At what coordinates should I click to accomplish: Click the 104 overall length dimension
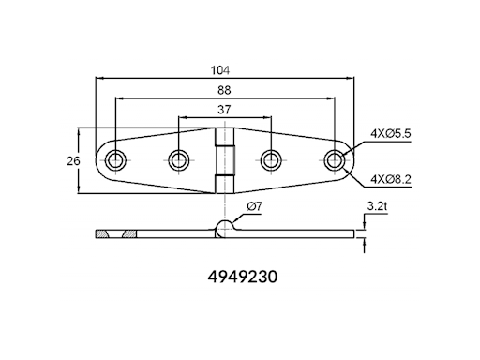click(x=220, y=70)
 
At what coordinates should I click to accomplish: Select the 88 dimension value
click(x=224, y=90)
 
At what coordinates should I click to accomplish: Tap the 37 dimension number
click(x=224, y=110)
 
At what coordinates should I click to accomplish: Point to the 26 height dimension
click(x=73, y=161)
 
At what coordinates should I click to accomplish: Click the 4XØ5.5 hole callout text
click(x=391, y=134)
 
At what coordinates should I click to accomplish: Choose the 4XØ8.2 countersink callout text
click(x=391, y=179)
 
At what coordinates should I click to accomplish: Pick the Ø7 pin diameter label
click(x=254, y=206)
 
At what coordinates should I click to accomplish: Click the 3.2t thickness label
click(x=377, y=206)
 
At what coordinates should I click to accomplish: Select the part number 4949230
click(x=243, y=277)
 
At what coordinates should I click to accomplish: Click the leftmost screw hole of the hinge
click(x=115, y=160)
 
